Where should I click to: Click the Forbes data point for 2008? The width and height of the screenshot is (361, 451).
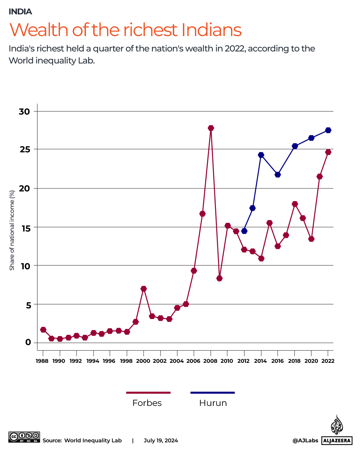211,128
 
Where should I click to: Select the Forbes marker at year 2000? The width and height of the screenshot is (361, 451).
143,289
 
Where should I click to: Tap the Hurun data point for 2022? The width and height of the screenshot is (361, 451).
328,130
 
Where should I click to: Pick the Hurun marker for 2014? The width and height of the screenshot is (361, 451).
261,155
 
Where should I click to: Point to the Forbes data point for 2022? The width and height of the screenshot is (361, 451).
328,152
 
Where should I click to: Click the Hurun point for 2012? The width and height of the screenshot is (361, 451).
244,231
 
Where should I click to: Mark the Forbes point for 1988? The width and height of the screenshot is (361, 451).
43,330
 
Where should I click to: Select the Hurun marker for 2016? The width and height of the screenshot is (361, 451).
278,175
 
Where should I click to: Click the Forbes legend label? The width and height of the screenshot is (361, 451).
147,403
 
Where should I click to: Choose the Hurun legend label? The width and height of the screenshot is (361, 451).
213,403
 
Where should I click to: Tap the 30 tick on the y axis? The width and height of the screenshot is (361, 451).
24,112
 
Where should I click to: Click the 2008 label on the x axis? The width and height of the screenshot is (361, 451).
210,361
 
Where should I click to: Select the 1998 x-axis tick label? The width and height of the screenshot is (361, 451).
126,361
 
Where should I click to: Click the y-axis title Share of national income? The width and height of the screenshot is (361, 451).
12,231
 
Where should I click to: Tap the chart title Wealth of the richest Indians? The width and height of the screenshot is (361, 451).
126,30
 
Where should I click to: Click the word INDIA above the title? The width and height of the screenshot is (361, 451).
20,12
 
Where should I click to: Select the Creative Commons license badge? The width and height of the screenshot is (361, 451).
24,437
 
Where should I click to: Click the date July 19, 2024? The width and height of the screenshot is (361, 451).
161,440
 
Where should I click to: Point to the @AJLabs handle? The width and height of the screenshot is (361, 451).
305,440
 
